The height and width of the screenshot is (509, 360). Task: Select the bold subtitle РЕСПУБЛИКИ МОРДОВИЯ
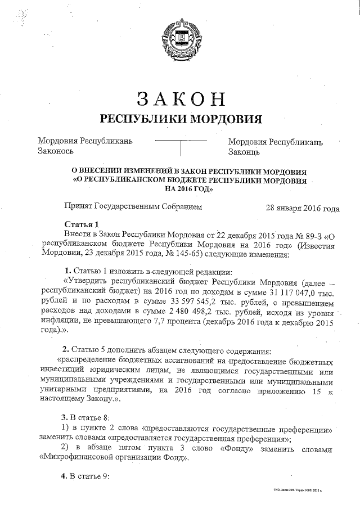181,119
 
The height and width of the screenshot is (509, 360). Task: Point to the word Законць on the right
244,152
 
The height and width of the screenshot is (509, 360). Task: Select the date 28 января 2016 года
302,208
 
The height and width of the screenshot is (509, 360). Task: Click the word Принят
79,207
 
